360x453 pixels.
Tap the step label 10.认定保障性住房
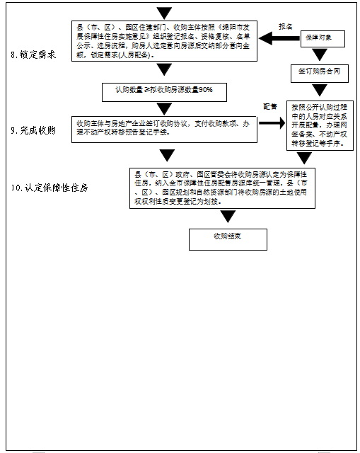[49, 188]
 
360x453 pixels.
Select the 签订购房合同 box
[319, 72]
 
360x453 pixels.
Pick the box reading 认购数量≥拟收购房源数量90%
[163, 91]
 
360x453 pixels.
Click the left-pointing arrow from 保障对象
[276, 38]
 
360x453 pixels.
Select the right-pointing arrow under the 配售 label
[270, 122]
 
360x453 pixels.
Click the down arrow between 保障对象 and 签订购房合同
[320, 55]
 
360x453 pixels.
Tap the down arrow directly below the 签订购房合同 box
[320, 90]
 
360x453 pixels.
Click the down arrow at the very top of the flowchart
[164, 13]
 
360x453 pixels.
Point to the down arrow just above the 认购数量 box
[164, 69]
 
